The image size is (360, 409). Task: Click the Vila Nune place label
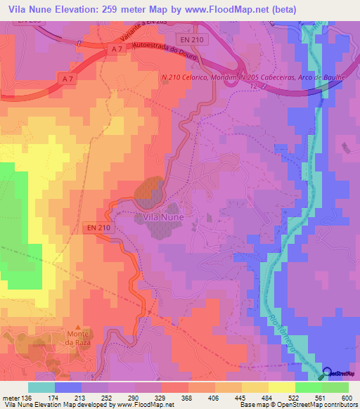tap(164, 217)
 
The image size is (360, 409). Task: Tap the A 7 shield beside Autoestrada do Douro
tap(117, 48)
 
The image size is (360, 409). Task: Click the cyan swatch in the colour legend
tap(41, 387)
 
